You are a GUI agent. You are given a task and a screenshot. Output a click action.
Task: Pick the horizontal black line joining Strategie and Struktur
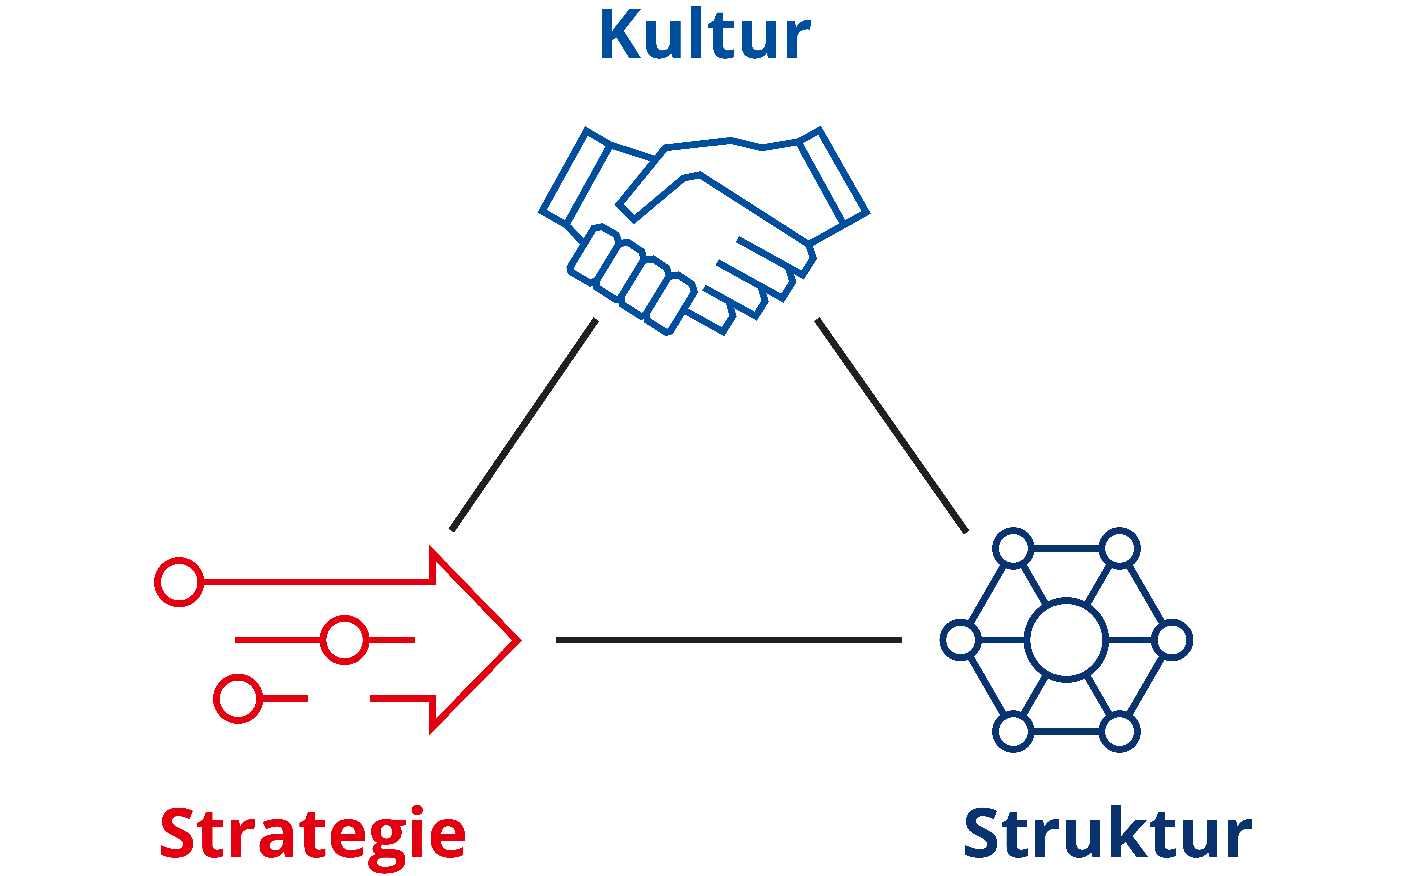(x=729, y=640)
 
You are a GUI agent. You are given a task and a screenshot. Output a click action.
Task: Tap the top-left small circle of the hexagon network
(x=1013, y=548)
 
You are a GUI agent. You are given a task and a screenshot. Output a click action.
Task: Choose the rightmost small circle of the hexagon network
(x=1172, y=640)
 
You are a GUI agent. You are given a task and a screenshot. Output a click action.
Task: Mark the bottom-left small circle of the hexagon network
(x=1013, y=732)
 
